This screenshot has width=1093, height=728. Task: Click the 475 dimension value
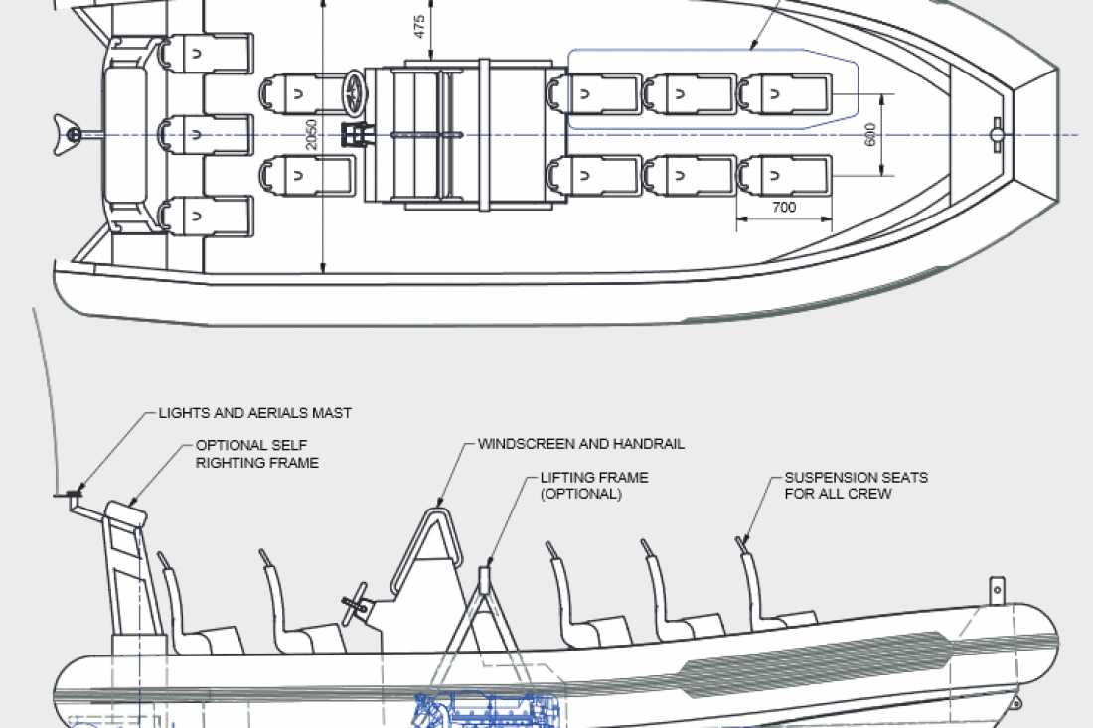coord(419,27)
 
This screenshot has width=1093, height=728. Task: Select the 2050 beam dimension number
coord(312,134)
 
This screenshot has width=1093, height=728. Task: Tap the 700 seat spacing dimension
coord(784,207)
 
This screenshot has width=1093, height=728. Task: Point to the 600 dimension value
coord(870,134)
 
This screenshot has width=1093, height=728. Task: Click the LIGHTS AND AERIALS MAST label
coord(255,413)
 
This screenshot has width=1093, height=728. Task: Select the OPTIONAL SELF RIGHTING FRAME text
coord(257,454)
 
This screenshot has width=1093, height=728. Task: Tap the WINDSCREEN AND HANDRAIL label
coord(581,444)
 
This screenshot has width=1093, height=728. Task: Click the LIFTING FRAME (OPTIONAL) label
coord(594,486)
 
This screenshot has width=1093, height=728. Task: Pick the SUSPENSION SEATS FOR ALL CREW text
coord(856,486)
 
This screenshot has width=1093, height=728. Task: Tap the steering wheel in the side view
coord(357,601)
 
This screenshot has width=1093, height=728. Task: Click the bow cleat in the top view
coord(998,134)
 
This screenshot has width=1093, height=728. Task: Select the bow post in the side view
coord(998,591)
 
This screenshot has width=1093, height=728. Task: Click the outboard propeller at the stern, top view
coord(68,134)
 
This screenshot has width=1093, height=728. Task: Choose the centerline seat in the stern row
coord(204,134)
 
